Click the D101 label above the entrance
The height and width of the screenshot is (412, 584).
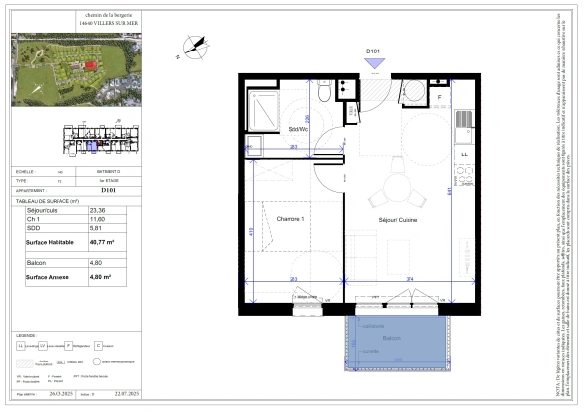click(374, 50)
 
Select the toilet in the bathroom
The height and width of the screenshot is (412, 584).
click(324, 94)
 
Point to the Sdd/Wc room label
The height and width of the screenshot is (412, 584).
click(298, 130)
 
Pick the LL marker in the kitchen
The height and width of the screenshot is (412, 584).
click(463, 155)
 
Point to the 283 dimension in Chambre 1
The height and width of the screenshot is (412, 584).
click(293, 280)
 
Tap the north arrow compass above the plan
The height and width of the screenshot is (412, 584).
click(195, 46)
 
